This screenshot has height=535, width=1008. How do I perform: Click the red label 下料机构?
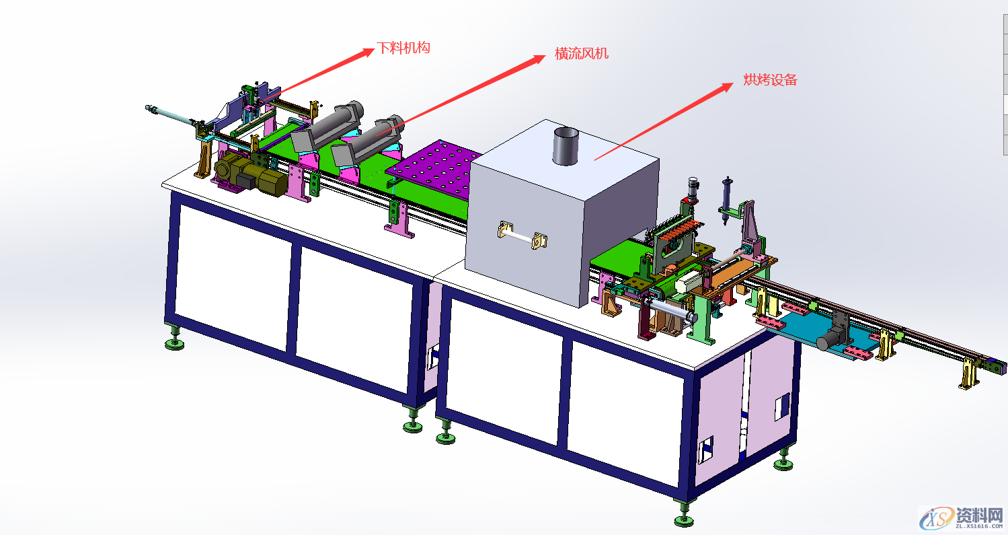coord(403,48)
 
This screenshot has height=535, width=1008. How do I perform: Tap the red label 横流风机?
coord(582,54)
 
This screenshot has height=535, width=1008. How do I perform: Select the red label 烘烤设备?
coord(770,79)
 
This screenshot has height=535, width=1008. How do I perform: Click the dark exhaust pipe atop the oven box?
coord(566,146)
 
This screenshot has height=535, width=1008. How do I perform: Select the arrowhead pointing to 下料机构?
coord(365,52)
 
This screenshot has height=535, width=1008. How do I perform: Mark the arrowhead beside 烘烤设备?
coord(724,87)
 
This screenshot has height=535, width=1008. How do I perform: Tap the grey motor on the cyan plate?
coord(832,338)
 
